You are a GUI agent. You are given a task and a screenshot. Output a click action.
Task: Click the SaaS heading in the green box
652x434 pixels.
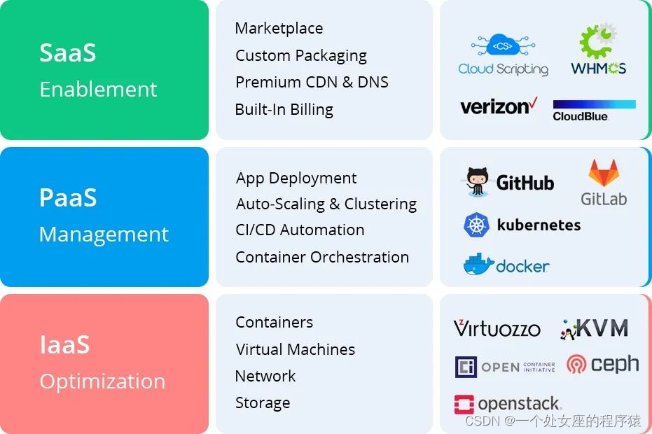click(x=67, y=52)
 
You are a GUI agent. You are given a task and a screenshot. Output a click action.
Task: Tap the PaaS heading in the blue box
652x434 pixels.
click(x=67, y=197)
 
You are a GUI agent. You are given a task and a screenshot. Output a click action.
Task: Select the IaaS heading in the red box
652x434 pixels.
click(x=64, y=344)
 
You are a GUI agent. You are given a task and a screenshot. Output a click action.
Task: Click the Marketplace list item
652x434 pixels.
click(x=279, y=29)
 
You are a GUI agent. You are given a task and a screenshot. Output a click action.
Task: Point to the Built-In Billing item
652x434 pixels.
click(x=284, y=109)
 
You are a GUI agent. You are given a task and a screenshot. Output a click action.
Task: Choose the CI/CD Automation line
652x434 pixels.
click(x=300, y=230)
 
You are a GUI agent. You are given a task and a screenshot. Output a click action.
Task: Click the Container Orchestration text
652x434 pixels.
click(x=322, y=257)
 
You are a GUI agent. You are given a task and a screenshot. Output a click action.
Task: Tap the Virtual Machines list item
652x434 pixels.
click(x=295, y=349)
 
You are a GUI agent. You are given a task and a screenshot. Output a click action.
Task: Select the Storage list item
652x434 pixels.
click(x=263, y=402)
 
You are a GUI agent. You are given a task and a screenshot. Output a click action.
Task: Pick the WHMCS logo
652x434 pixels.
click(x=598, y=50)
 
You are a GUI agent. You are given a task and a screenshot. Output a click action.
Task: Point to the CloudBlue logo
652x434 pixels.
click(x=594, y=111)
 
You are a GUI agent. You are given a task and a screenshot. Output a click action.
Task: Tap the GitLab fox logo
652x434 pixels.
click(x=603, y=174)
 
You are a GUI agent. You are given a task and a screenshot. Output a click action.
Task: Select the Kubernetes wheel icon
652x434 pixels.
click(x=476, y=225)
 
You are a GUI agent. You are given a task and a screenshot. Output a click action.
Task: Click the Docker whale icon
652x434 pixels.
click(x=478, y=265)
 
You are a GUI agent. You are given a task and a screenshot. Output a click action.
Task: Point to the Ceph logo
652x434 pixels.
click(x=602, y=365)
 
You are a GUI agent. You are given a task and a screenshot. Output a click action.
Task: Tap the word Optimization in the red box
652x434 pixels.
click(x=102, y=381)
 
